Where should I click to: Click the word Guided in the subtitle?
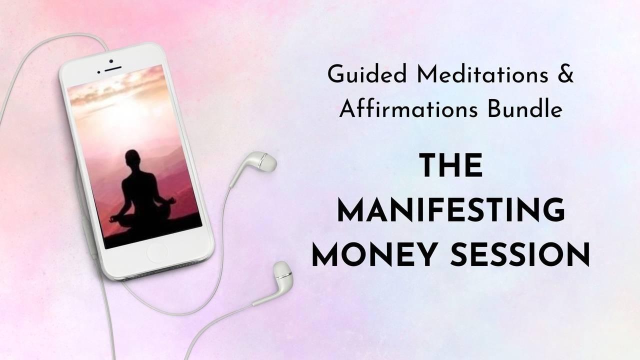(x=367, y=75)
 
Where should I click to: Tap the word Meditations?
(x=482, y=74)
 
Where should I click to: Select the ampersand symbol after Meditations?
(x=565, y=74)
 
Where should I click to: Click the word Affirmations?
(x=408, y=108)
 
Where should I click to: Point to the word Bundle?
(x=525, y=108)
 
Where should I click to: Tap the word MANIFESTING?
(x=451, y=210)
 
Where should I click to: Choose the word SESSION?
(x=520, y=254)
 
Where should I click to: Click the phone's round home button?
(x=157, y=253)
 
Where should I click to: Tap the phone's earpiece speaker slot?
(x=113, y=69)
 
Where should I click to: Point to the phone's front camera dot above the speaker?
(x=111, y=61)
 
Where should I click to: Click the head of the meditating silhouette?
(x=133, y=159)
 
